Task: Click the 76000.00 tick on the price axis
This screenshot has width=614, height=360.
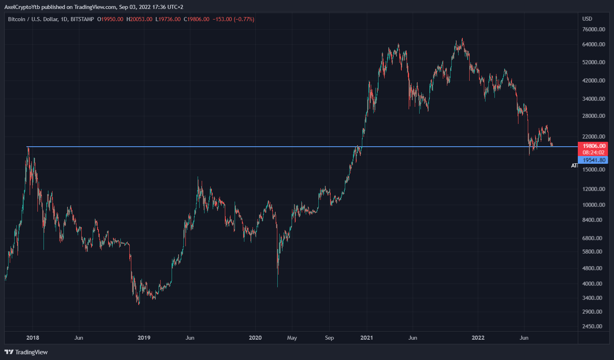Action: tap(594, 29)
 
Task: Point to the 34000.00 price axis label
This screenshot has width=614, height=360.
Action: tap(594, 99)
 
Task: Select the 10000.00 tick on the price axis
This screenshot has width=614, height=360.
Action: tap(594, 205)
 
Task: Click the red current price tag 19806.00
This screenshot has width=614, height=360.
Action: tap(594, 146)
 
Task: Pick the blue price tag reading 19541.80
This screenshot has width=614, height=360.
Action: tap(594, 160)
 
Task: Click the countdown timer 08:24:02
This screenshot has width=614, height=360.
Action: tap(594, 152)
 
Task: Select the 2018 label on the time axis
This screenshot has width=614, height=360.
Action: tap(33, 338)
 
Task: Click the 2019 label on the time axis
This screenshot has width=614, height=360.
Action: tap(144, 338)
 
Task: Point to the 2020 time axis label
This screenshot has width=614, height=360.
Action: tap(255, 338)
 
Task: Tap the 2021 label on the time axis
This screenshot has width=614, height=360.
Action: tap(366, 338)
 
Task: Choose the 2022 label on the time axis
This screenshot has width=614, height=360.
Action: tap(478, 338)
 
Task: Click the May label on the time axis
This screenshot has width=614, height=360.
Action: tap(292, 338)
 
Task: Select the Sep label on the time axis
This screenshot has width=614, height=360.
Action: tap(329, 338)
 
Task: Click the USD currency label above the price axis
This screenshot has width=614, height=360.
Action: tap(587, 19)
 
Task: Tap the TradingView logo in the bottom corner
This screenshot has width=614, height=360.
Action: tap(26, 352)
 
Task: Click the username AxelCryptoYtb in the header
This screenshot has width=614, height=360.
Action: tap(22, 7)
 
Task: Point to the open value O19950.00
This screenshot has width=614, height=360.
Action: tap(110, 19)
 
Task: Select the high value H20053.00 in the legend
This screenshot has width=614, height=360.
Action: tap(139, 19)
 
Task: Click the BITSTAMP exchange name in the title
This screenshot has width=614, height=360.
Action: tap(82, 19)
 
